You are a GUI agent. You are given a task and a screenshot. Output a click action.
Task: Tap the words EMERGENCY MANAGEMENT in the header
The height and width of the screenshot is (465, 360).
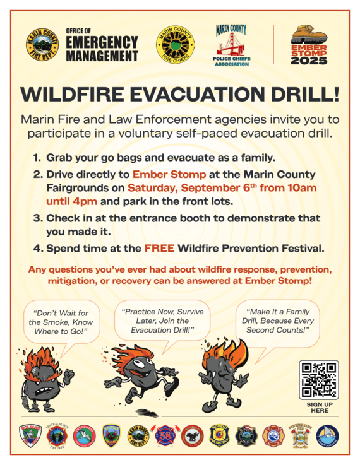tap(102, 50)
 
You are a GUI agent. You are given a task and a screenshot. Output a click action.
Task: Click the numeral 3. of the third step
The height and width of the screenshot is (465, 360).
tap(37, 219)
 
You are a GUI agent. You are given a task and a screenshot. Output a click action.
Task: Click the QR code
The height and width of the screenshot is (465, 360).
tap(320, 379)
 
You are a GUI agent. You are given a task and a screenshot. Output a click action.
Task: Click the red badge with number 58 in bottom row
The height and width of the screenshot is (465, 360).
tap(164, 435)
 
